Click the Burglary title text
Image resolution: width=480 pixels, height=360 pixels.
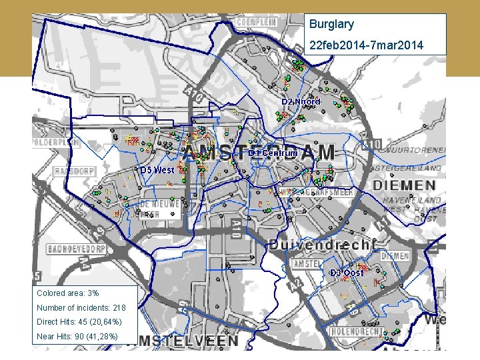click(x=331, y=25)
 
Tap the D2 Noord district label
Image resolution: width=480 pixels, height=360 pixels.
click(x=301, y=101)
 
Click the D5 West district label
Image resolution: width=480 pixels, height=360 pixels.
click(x=157, y=170)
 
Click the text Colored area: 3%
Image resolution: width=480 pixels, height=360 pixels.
click(x=67, y=293)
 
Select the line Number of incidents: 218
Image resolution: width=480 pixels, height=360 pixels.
click(x=81, y=308)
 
